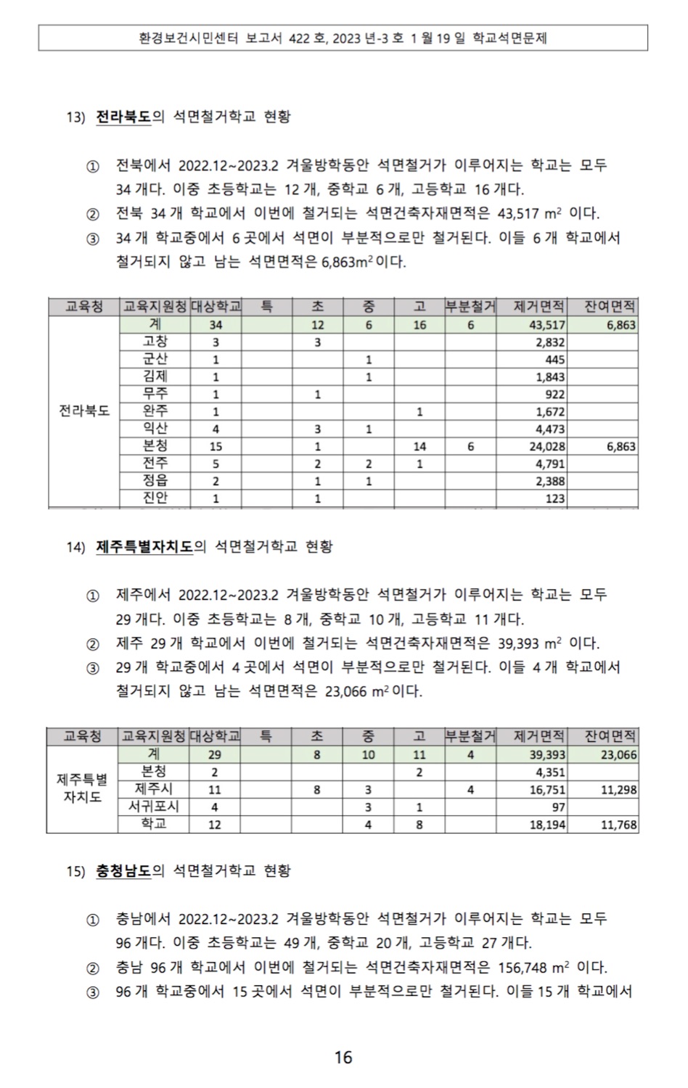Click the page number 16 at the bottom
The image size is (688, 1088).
[343, 1057]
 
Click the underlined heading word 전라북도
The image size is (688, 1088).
[123, 117]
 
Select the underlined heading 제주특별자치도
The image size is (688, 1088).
[144, 547]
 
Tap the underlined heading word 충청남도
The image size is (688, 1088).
[123, 870]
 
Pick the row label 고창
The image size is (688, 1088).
[155, 342]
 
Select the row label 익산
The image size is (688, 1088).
[155, 429]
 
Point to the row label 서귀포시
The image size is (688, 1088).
[154, 807]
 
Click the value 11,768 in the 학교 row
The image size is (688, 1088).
[618, 825]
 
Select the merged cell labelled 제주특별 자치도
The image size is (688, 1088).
[82, 789]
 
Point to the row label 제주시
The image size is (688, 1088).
[154, 789]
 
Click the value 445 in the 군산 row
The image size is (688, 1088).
[554, 360]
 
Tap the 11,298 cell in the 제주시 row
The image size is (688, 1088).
[618, 790]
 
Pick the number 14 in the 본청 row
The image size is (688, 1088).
[419, 447]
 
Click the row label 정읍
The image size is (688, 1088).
[155, 481]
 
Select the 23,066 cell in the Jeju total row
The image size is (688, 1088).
[618, 755]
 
